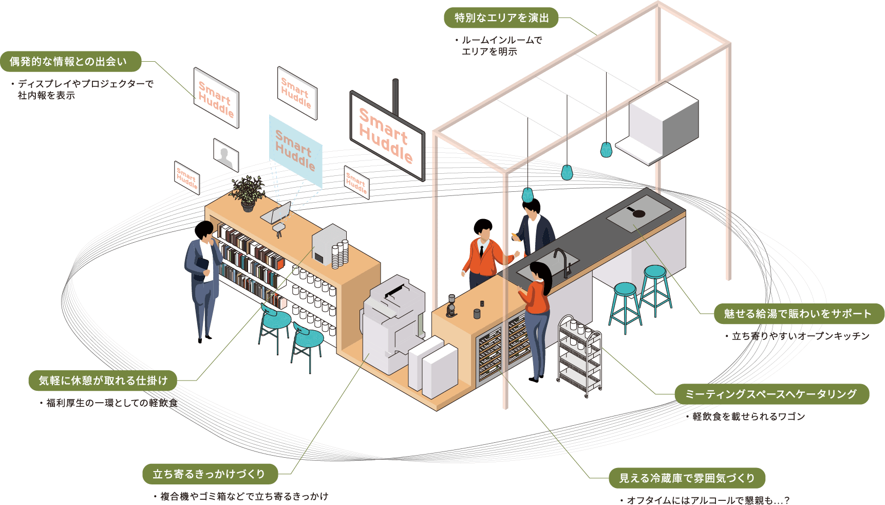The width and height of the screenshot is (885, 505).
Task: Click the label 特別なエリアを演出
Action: click(501, 18)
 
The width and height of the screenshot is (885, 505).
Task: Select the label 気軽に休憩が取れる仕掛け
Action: click(103, 381)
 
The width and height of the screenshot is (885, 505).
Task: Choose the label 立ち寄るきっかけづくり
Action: click(209, 474)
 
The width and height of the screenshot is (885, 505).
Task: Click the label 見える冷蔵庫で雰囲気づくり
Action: click(687, 478)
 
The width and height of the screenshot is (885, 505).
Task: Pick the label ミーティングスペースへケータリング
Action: click(771, 394)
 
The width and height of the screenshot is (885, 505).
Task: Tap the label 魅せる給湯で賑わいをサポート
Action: click(798, 314)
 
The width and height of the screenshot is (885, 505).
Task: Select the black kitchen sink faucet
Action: click(563, 261)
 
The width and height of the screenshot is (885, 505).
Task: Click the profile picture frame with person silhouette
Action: click(226, 154)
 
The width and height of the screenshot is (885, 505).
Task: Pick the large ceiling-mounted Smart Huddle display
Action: click(387, 136)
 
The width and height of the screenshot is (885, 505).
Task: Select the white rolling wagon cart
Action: click(580, 356)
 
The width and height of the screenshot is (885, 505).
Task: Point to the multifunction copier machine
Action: click(393, 324)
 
